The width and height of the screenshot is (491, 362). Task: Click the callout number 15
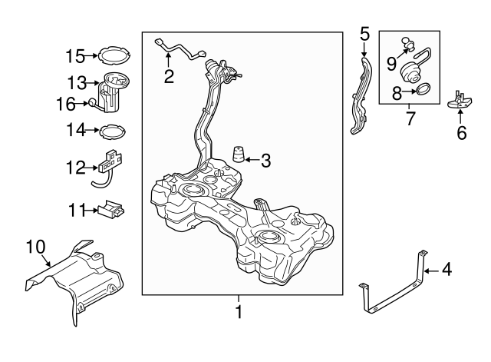[75, 56]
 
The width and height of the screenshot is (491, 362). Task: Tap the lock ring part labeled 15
[114, 48]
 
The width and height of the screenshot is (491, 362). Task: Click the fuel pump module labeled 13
[114, 91]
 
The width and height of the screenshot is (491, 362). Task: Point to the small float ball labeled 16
[93, 102]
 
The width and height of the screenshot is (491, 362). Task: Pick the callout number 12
[75, 168]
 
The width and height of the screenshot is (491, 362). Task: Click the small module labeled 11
[111, 208]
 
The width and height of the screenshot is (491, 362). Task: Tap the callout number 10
[36, 247]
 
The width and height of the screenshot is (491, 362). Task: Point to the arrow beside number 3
[252, 160]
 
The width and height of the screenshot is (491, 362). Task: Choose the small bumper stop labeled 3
[238, 154]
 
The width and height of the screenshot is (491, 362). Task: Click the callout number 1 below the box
[239, 312]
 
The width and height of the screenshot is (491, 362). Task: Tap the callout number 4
[447, 270]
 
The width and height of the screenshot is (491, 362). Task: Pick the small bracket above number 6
[460, 101]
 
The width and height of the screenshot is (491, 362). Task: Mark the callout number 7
[410, 118]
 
